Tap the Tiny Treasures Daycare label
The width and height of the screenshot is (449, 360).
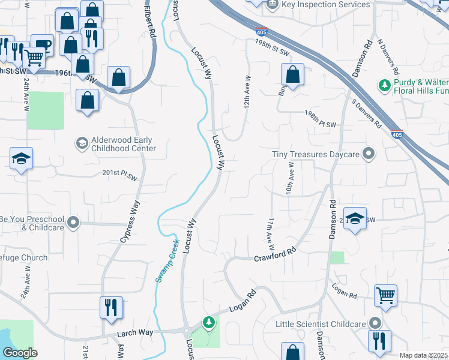(x=315, y=154)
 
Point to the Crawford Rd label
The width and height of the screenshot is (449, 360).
(x=276, y=254)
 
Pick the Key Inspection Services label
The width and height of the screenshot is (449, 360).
(x=325, y=5)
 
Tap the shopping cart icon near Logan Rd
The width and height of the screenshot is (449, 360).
(x=386, y=295)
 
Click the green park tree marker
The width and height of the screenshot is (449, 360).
(x=208, y=322)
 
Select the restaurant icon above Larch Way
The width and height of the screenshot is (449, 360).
(x=111, y=308)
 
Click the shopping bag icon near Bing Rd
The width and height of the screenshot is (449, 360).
(x=292, y=75)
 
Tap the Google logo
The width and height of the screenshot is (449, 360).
(x=20, y=353)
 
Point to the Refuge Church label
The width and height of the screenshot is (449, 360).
(x=24, y=258)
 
